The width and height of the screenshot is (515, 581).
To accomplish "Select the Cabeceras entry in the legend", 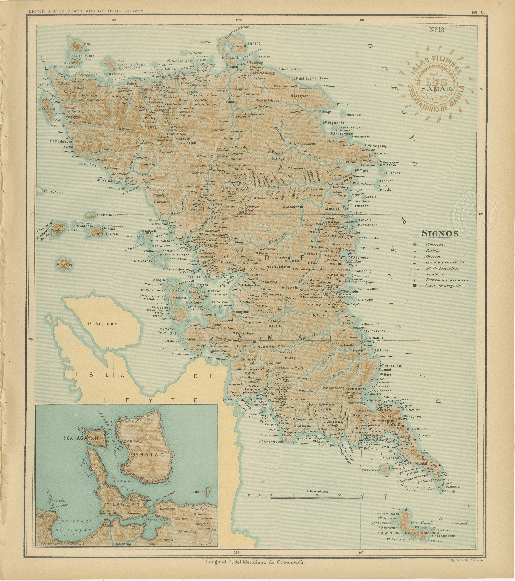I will (435, 244).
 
